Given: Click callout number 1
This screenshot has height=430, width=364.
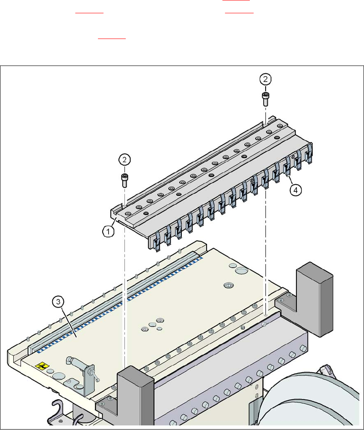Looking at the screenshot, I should coord(109,231).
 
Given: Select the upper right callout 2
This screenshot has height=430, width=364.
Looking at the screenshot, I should coord(266,79).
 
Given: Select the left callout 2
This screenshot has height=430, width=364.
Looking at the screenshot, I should coord(124,159).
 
